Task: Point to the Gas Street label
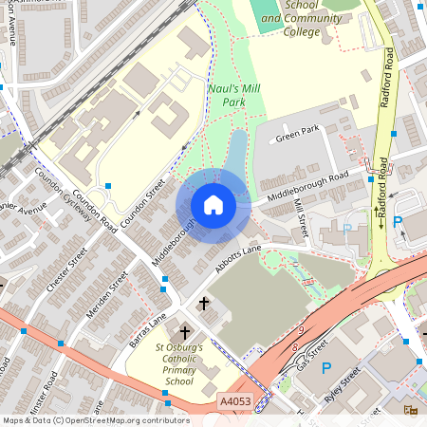310,354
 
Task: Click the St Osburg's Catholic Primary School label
166,364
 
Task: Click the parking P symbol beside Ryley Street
326,368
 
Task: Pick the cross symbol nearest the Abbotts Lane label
204,304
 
